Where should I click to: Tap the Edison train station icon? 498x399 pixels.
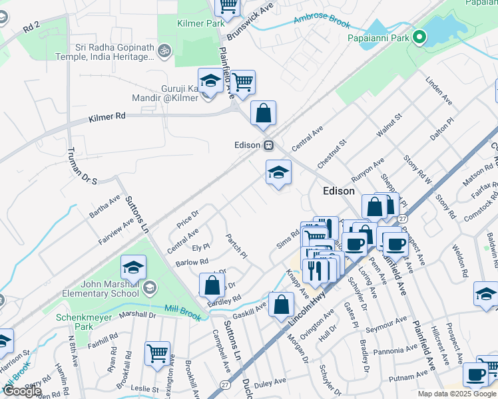(269, 145)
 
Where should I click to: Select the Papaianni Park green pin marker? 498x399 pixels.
(419, 37)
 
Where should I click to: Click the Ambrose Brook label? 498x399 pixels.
(322, 22)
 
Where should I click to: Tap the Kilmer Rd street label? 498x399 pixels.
(107, 117)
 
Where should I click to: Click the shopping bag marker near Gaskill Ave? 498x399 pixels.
(282, 306)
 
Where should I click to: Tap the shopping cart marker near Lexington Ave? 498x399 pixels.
(158, 354)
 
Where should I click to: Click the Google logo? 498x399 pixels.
(21, 391)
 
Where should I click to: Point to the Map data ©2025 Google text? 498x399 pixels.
(457, 394)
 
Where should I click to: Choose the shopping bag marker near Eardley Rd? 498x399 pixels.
(212, 286)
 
